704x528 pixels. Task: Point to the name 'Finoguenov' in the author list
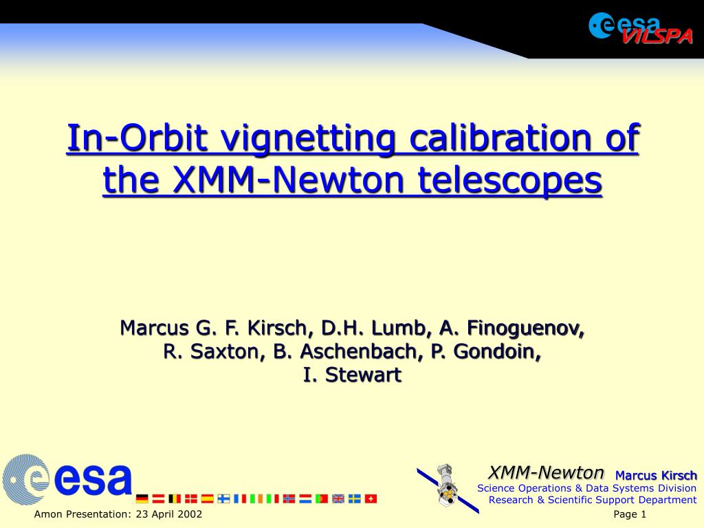[x=526, y=329]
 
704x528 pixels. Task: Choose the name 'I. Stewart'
[x=352, y=375]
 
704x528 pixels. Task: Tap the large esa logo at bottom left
[x=67, y=479]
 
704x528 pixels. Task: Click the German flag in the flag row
[x=142, y=499]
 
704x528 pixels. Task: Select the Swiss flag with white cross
[x=371, y=499]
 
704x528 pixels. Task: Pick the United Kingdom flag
[x=338, y=499]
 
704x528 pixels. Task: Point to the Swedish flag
[x=355, y=499]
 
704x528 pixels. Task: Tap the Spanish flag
[x=208, y=499]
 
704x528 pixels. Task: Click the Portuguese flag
[x=322, y=499]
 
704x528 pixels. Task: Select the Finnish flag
[x=223, y=499]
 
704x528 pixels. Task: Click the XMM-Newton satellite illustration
[x=448, y=489]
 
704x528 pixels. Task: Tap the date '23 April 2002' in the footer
[x=169, y=514]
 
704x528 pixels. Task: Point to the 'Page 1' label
[x=630, y=514]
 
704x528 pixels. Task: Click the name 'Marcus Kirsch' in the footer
[x=656, y=476]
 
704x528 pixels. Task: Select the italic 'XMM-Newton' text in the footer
[x=546, y=472]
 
